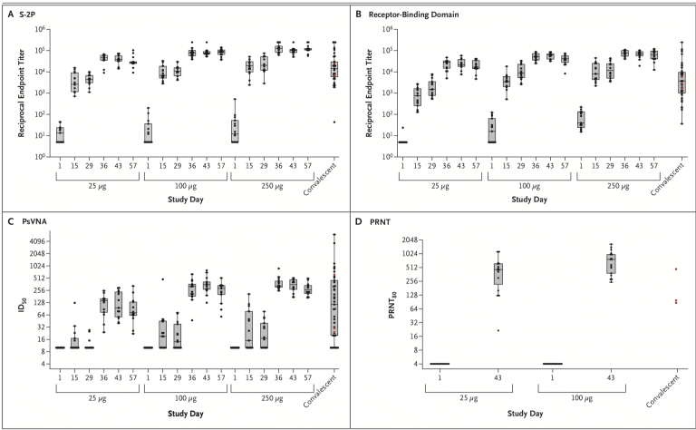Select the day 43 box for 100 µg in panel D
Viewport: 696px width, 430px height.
[x=611, y=263]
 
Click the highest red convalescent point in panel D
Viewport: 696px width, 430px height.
[x=676, y=269]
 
